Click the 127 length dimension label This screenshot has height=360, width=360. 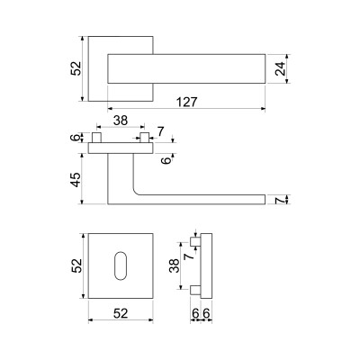186,102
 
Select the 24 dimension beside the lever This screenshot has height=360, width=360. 279,68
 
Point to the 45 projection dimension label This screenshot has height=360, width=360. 76,179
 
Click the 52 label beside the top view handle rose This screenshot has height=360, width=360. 76,68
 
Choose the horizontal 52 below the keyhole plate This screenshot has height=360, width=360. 121,313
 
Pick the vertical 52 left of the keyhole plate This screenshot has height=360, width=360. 76,265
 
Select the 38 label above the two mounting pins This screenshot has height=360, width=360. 121,121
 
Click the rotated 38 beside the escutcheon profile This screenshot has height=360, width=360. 174,265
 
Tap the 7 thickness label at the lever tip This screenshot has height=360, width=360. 279,200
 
